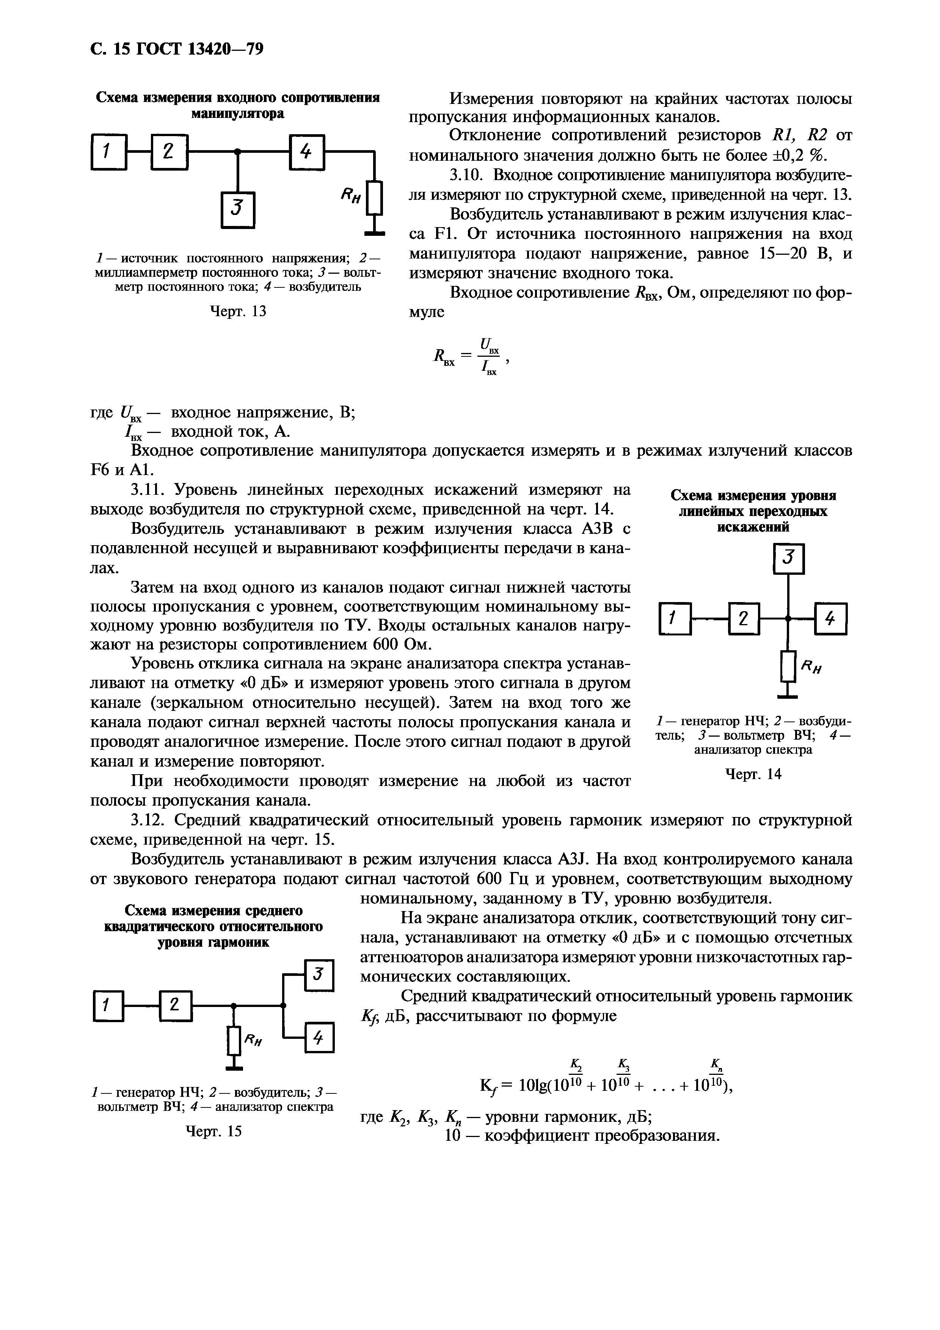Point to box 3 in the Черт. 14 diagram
(x=788, y=558)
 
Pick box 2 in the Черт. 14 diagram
(x=745, y=619)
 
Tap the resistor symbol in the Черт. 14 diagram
(x=788, y=666)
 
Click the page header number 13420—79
(x=226, y=49)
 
